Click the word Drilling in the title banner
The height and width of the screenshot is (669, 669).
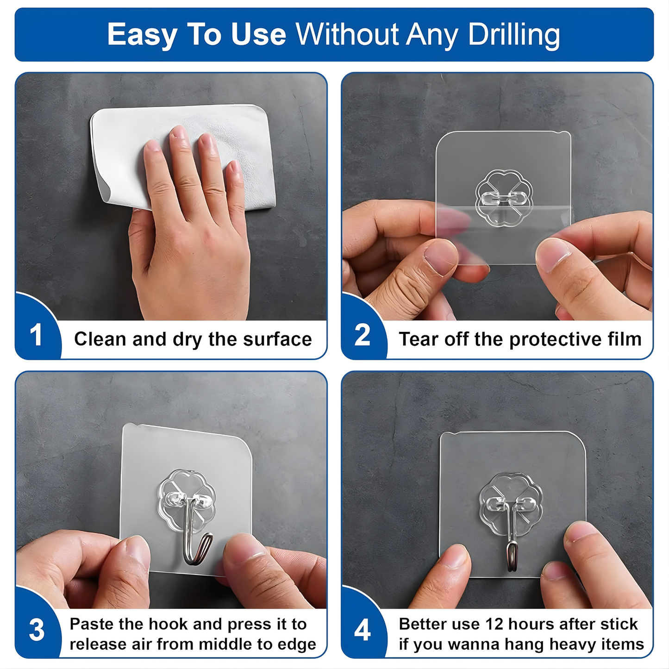pos(514,35)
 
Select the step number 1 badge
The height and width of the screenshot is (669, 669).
pos(36,335)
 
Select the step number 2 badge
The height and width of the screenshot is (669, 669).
pos(362,335)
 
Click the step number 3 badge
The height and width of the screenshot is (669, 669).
pos(37,630)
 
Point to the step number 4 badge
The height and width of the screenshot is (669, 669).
pos(363,630)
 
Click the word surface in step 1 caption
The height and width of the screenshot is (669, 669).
pos(277,339)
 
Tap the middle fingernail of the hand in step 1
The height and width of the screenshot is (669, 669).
pos(179,132)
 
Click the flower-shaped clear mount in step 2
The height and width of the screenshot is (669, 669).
pos(504,198)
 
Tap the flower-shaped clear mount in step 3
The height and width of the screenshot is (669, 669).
pos(186,500)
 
